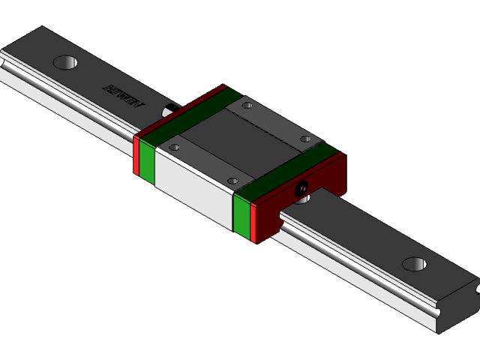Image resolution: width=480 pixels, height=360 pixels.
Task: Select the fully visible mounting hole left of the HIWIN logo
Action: pos(65,62)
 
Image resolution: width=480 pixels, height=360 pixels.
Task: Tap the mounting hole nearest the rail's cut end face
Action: pos(414,264)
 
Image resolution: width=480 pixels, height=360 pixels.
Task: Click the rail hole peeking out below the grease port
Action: pos(301,199)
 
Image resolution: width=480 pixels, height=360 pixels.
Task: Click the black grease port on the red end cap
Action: pos(301,187)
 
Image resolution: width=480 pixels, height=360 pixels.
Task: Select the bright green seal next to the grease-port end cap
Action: pos(241,216)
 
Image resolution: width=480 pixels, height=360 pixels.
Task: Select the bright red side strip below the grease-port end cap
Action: pos(253,223)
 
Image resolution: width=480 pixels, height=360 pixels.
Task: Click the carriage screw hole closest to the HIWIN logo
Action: pos(175,148)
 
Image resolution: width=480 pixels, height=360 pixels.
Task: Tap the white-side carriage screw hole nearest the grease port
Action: pos(232,181)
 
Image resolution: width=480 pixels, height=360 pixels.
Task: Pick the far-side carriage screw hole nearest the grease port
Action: pos(304,139)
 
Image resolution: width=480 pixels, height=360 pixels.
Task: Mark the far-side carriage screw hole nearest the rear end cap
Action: pos(248,106)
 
